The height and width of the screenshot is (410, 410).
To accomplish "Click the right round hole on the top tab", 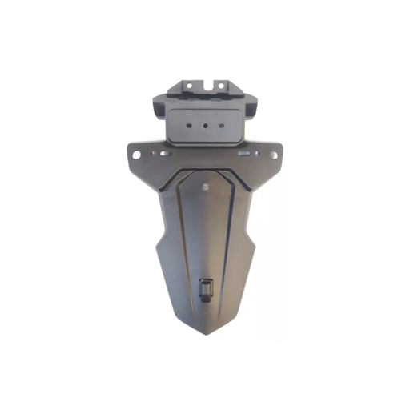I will pyautogui.click(x=227, y=83).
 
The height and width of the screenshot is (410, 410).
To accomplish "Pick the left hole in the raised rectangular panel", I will pyautogui.click(x=191, y=125).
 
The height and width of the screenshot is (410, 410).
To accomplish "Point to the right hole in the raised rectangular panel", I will pyautogui.click(x=223, y=125).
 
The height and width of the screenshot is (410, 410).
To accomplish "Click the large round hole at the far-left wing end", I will pyautogui.click(x=138, y=154).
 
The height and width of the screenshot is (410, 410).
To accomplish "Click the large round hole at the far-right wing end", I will pyautogui.click(x=273, y=154).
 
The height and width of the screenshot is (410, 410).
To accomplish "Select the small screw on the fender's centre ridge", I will pyautogui.click(x=207, y=187).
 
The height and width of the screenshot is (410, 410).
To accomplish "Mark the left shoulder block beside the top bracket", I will pyautogui.click(x=159, y=106).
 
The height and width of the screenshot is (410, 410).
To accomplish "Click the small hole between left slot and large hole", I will pyautogui.click(x=151, y=154).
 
